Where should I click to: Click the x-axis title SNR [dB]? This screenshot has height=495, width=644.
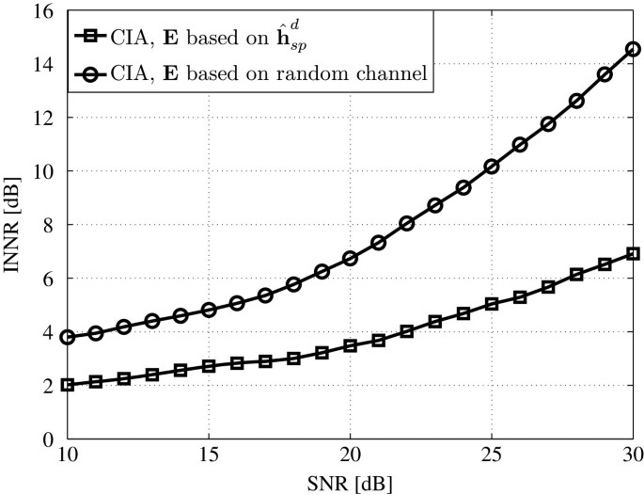(349, 485)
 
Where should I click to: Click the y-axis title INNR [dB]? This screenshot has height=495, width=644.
(12, 225)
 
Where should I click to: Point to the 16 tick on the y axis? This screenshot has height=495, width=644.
(45, 11)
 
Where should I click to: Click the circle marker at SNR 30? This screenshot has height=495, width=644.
(633, 49)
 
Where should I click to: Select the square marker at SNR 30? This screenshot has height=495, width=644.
(633, 254)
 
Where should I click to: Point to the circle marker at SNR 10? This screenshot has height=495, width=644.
(67, 337)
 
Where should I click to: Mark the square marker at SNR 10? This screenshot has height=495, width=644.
(67, 385)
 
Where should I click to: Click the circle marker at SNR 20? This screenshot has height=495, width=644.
(350, 258)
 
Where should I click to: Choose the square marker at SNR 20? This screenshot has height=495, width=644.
(350, 345)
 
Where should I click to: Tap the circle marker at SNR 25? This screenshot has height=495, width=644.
(491, 167)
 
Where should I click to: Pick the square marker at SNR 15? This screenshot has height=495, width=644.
(209, 366)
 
